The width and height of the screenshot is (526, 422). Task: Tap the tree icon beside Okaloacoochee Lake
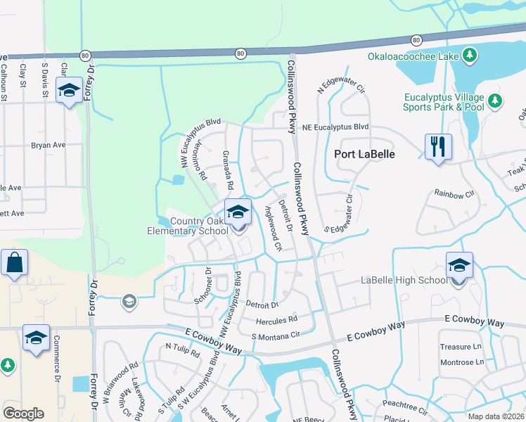click(x=468, y=56)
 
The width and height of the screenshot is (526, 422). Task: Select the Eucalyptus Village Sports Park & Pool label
click(x=444, y=102)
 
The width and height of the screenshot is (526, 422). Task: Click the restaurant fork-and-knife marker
click(x=438, y=147)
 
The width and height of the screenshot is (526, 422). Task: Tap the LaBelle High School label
click(x=404, y=281)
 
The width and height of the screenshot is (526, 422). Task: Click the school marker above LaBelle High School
click(x=459, y=266)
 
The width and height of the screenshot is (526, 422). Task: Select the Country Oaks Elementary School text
click(x=188, y=226)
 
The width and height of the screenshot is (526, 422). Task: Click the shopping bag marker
click(x=14, y=264)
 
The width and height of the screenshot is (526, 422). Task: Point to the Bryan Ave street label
click(x=48, y=145)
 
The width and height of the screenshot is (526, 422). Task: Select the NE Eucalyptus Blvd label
click(x=335, y=127)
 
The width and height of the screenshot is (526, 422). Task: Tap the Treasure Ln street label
click(x=461, y=347)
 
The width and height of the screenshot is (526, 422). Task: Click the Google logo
click(x=23, y=414)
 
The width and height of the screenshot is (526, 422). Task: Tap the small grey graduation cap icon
click(x=129, y=302)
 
